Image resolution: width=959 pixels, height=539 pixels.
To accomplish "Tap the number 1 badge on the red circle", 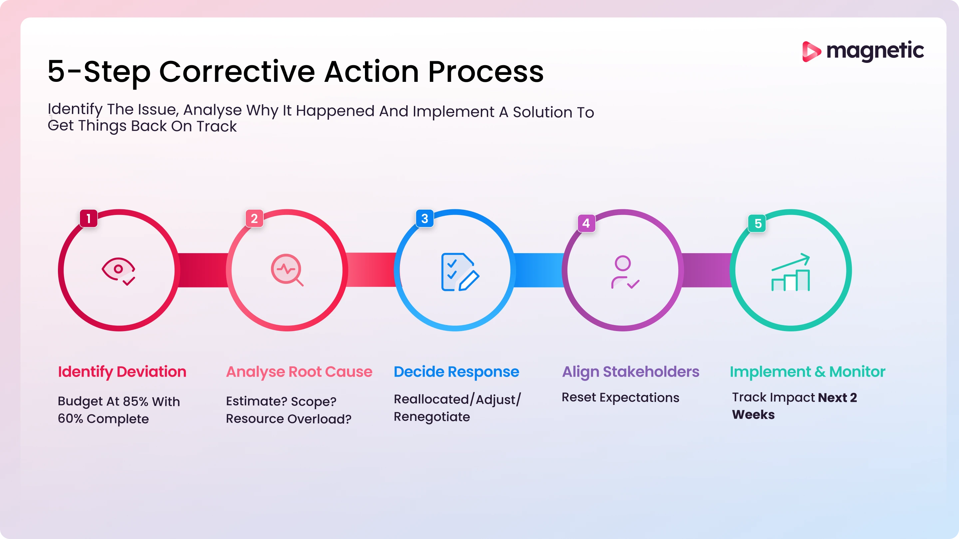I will [89, 218].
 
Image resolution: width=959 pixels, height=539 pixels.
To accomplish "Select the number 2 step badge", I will [254, 218].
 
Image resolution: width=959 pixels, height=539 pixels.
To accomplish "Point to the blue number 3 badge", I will [425, 218].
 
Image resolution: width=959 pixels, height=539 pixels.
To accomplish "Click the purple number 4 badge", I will [586, 223].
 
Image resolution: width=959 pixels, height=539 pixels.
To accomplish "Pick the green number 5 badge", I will [757, 224].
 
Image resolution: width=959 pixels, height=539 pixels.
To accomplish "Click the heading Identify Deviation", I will [122, 372].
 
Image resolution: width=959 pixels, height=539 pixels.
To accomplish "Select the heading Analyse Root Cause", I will [299, 372].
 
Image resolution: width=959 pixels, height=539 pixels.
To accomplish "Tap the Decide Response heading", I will [456, 372].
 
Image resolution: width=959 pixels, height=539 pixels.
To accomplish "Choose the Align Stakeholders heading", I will [631, 372].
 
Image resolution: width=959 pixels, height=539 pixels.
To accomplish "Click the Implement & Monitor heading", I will [807, 372].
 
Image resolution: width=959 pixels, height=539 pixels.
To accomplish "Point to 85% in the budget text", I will [136, 401].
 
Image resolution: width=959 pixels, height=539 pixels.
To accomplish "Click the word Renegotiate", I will [432, 417].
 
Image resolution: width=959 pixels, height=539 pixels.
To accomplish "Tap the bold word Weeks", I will [753, 415].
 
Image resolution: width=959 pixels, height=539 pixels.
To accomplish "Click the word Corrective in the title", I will [237, 72].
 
